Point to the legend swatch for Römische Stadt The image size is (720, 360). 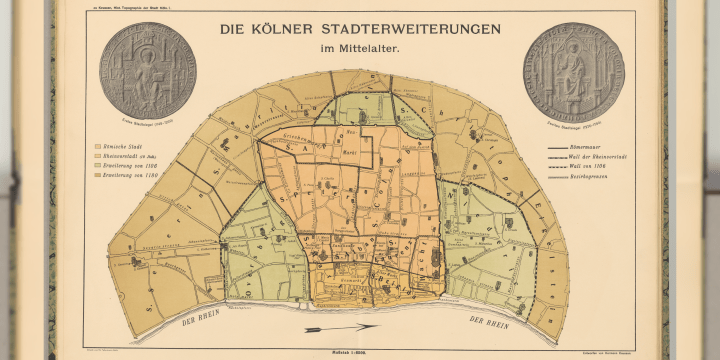[x=98, y=145]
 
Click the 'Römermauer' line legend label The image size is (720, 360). [x=596, y=147]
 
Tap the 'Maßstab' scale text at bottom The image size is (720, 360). [x=361, y=350]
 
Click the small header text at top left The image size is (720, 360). [x=129, y=7]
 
